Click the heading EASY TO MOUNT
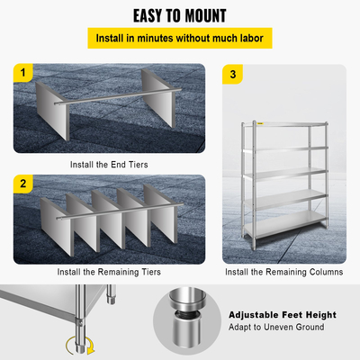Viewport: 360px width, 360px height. [180, 15]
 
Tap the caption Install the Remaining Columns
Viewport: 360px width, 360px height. [283, 271]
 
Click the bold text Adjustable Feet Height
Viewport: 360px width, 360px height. [282, 315]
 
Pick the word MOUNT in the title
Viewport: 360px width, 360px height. [203, 15]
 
